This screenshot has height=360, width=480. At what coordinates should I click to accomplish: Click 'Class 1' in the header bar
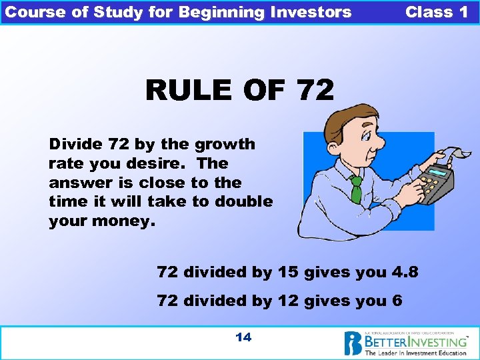437,12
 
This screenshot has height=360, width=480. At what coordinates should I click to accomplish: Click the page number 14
243,337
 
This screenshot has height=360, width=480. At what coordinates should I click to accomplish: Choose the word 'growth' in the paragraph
225,144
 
